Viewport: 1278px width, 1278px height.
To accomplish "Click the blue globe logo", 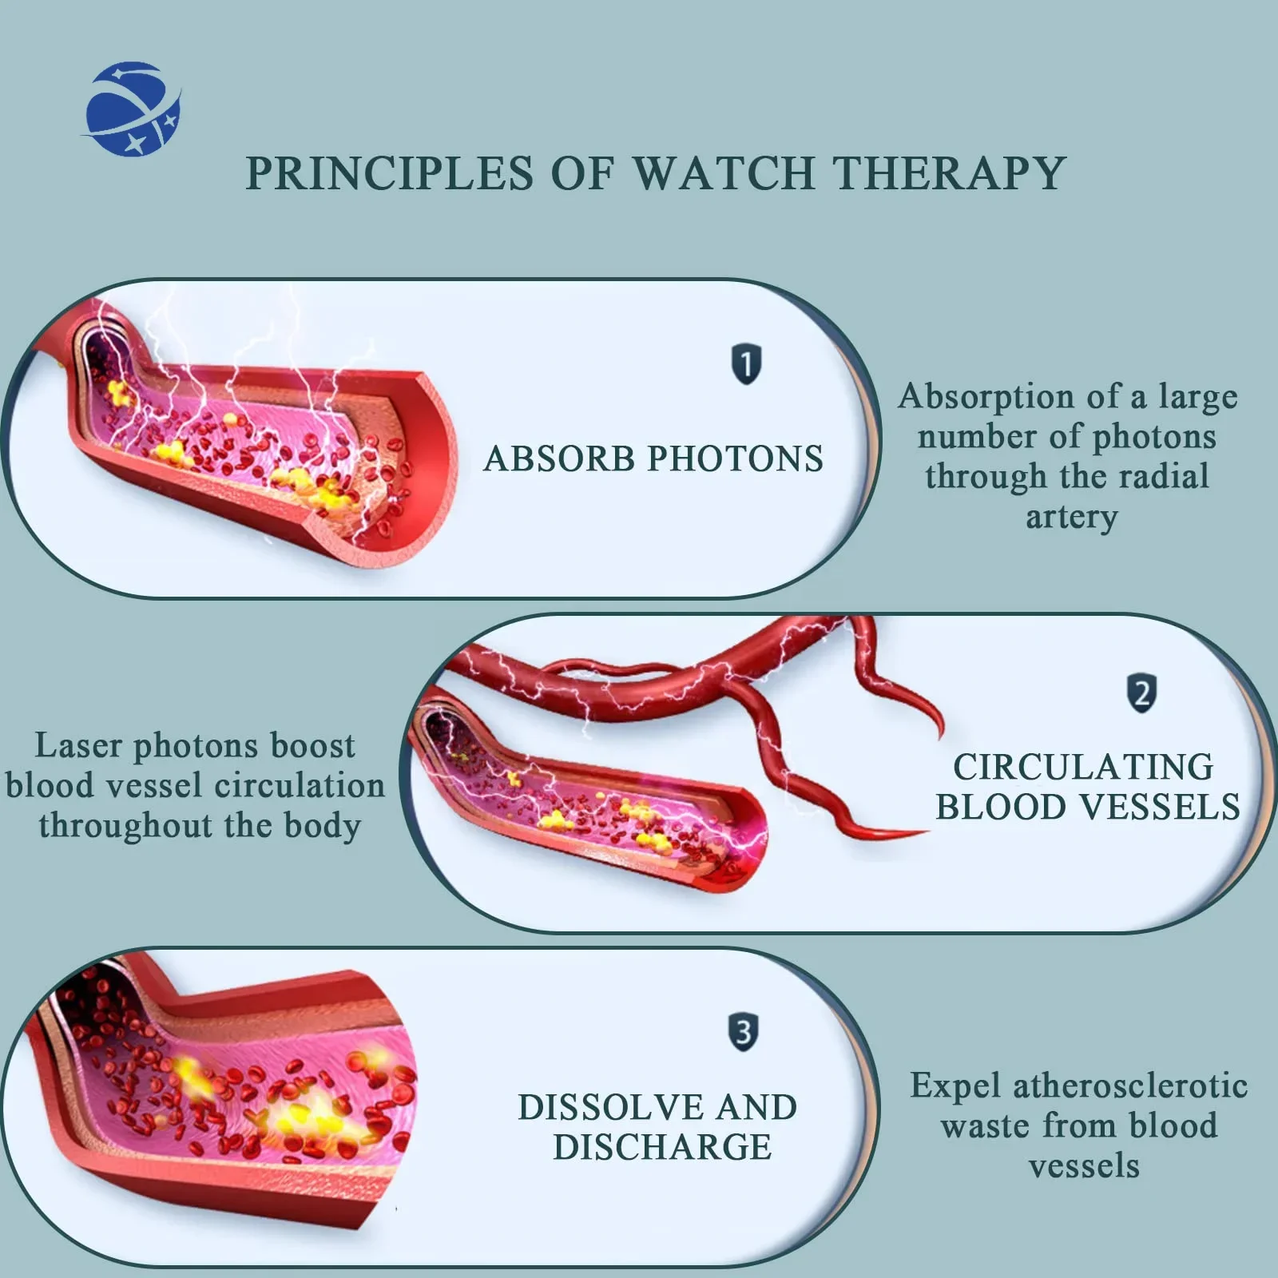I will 133,109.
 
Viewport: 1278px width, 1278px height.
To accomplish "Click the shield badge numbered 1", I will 746,364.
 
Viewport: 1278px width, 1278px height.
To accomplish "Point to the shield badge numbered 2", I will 1141,693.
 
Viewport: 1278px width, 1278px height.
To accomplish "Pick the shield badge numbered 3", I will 743,1032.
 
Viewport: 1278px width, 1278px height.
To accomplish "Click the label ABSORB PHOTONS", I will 653,459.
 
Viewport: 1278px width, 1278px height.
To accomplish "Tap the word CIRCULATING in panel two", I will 1083,768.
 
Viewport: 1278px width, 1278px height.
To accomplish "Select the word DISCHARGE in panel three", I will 662,1148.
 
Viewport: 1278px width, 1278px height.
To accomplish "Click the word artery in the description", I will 1071,518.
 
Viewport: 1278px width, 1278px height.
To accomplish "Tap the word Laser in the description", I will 78,746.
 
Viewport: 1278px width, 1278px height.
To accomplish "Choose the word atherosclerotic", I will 1129,1086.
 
